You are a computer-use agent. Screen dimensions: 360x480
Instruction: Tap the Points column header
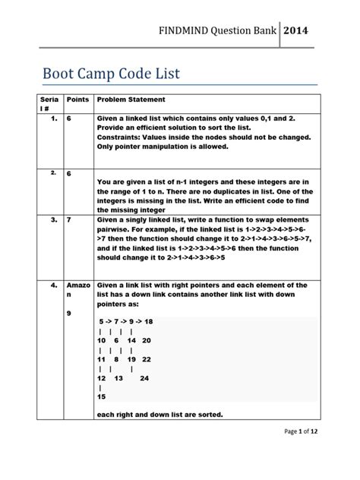[x=78, y=99]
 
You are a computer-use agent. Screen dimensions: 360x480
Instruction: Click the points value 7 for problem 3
[x=70, y=219]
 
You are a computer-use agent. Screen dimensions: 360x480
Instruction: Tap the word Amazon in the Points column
[x=77, y=289]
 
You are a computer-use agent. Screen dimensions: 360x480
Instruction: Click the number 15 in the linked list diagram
[x=103, y=396]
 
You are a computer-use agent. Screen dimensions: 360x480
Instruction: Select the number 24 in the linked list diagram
[x=144, y=377]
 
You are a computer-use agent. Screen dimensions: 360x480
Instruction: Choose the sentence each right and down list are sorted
[x=159, y=414]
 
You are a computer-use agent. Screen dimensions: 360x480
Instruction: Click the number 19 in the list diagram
[x=131, y=358]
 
